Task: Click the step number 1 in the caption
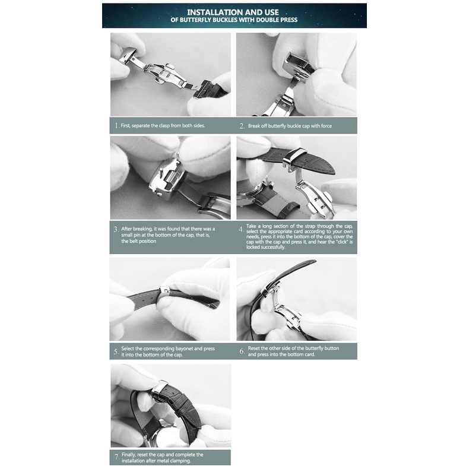point(116,126)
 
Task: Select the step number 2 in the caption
point(242,126)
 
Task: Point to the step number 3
point(116,229)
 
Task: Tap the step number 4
point(241,229)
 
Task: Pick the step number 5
point(116,351)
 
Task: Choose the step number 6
point(242,351)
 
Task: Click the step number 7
point(116,458)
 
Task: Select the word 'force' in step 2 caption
point(327,126)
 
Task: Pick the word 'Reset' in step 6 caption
point(254,348)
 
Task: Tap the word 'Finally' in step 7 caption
point(129,455)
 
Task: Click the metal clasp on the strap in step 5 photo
point(165,291)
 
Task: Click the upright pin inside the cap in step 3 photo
point(161,173)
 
